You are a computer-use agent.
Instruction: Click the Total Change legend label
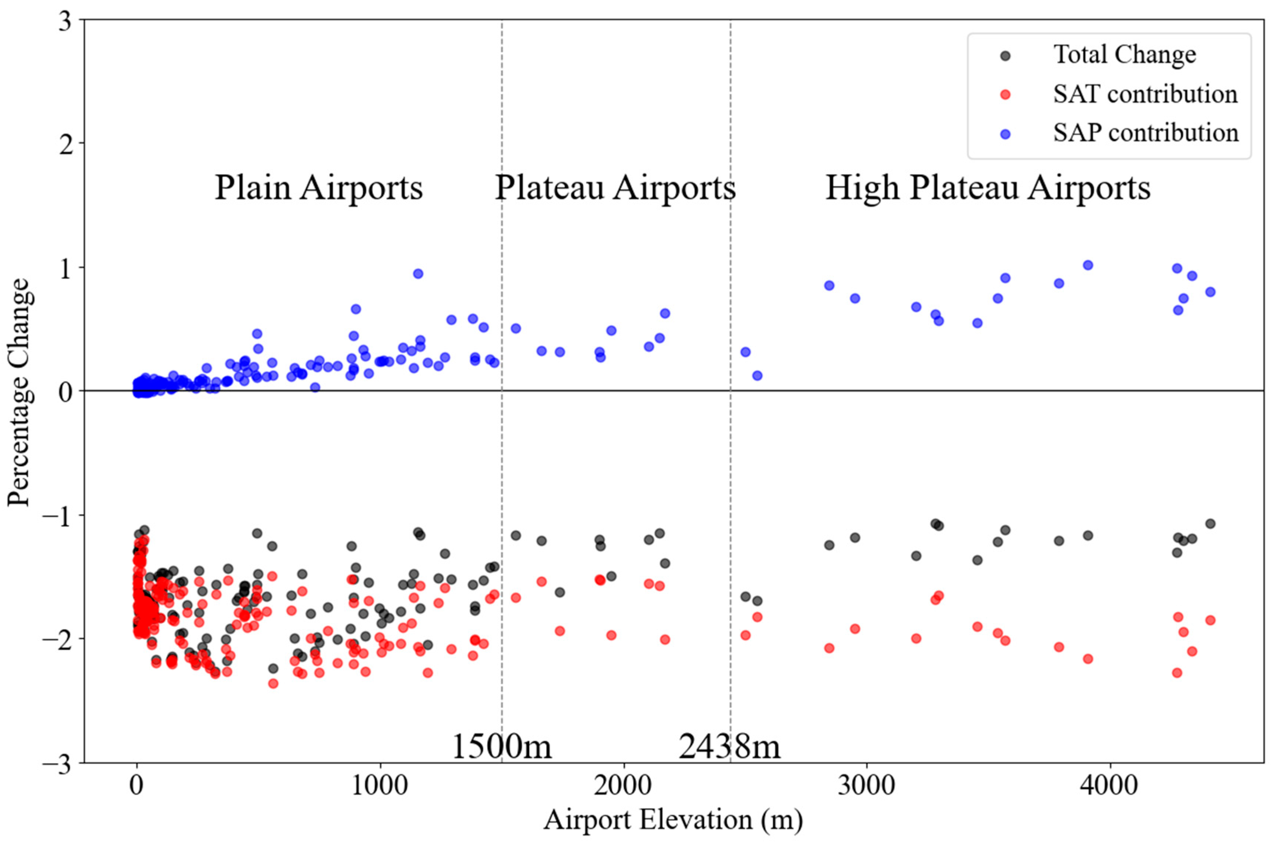[1124, 55]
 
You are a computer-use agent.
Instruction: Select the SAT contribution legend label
[1145, 94]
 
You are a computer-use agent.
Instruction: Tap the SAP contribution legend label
[1146, 133]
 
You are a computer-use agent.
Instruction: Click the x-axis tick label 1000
[380, 786]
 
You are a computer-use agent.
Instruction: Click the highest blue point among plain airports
[418, 273]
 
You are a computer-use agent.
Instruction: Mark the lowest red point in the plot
[273, 684]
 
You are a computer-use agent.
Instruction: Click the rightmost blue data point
[1210, 292]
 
